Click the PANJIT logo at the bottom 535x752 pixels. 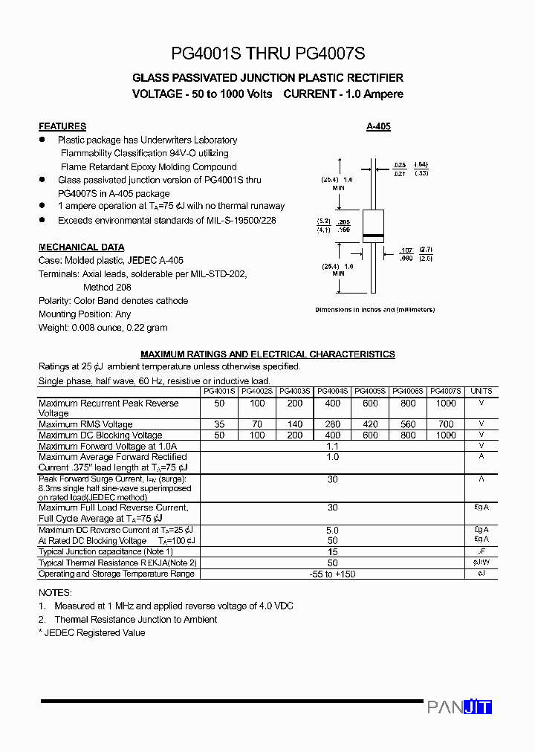[x=459, y=707]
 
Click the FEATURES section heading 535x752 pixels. [x=62, y=126]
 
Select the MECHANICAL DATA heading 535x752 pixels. [x=82, y=247]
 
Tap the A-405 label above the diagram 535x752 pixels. [x=378, y=127]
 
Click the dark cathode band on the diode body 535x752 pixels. [x=372, y=237]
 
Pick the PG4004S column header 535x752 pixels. [x=332, y=391]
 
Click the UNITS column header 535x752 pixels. [x=481, y=391]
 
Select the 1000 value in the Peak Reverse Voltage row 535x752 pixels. [x=446, y=403]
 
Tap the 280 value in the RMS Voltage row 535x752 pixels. [x=332, y=424]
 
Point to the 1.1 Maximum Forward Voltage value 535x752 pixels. [x=332, y=447]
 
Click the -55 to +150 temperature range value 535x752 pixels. [x=332, y=574]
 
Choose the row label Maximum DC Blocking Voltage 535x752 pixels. [x=100, y=435]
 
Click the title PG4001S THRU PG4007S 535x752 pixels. [x=267, y=54]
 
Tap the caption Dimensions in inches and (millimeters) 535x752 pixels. [x=374, y=310]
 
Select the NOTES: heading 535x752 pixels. [x=55, y=593]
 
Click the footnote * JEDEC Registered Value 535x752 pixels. [x=92, y=633]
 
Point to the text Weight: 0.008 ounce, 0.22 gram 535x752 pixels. [x=103, y=328]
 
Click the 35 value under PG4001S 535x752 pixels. [x=219, y=424]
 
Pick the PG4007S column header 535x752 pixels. [x=446, y=391]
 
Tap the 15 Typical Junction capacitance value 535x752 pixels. [x=332, y=552]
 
